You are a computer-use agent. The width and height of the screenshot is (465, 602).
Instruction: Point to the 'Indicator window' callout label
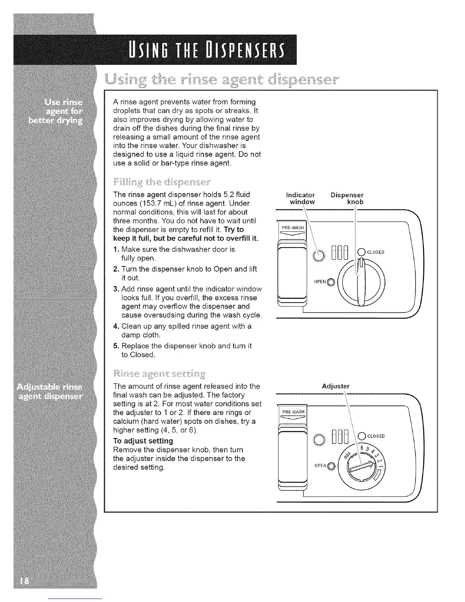[300, 198]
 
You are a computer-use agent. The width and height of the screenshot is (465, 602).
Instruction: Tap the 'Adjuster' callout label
[335, 387]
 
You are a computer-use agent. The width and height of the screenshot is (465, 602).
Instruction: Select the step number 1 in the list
[116, 249]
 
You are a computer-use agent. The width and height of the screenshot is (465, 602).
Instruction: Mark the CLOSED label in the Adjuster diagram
[375, 436]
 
